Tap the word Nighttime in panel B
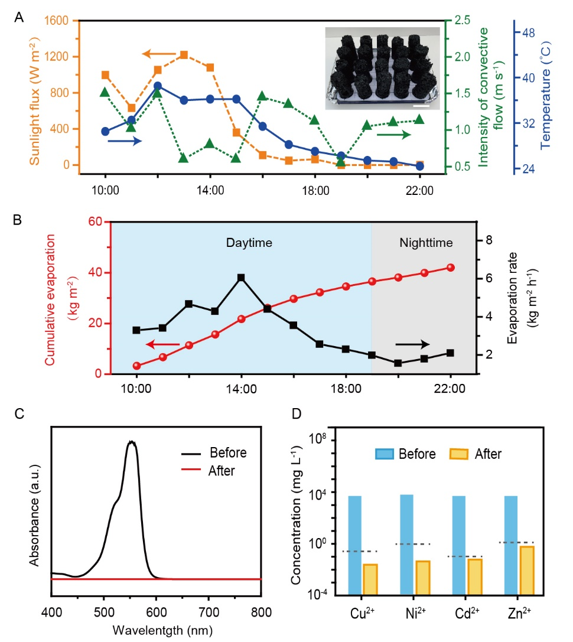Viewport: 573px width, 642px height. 426,242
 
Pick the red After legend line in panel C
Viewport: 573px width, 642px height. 193,472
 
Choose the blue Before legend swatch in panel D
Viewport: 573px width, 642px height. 388,454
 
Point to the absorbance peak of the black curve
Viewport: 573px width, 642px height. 132,442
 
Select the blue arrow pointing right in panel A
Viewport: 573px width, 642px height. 125,141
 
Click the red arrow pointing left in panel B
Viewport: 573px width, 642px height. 162,344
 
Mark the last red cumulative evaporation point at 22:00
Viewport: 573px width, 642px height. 450,268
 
